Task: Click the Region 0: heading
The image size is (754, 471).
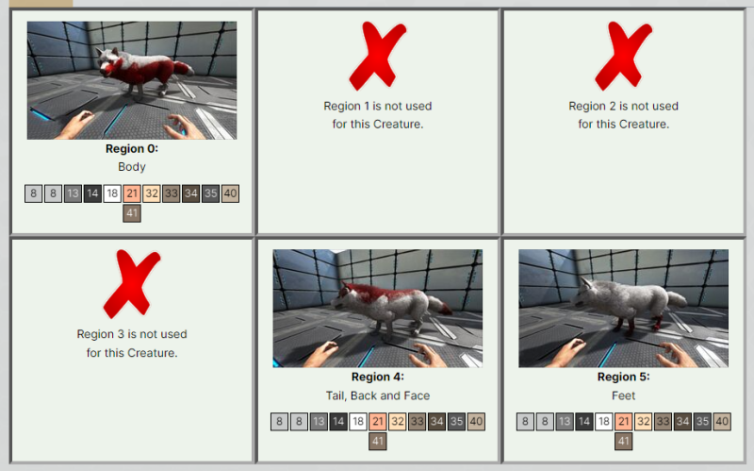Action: click(132, 148)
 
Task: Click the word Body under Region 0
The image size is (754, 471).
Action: click(132, 167)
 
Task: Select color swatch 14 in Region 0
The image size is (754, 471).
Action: click(92, 193)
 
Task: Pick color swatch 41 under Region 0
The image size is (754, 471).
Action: click(132, 213)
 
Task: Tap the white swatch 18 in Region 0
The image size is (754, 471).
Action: click(112, 193)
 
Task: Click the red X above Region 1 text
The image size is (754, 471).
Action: click(378, 56)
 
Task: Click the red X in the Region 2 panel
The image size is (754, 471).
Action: click(623, 56)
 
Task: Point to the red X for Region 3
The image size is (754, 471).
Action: click(132, 284)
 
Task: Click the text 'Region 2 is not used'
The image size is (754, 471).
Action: click(623, 106)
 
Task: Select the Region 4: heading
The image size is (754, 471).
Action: click(378, 377)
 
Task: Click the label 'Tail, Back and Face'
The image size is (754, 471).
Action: click(378, 395)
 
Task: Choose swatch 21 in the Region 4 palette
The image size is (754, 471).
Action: click(378, 422)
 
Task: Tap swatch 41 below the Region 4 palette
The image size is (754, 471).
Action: click(378, 441)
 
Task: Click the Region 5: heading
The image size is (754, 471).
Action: click(623, 377)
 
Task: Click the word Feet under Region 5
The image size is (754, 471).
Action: click(623, 395)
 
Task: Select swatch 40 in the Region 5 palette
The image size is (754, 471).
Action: click(722, 422)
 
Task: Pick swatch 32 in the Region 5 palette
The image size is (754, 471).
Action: click(643, 422)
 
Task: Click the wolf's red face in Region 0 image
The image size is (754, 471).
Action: click(108, 67)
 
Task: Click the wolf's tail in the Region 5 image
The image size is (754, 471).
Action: click(677, 299)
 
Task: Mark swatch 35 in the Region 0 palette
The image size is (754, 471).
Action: click(210, 193)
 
